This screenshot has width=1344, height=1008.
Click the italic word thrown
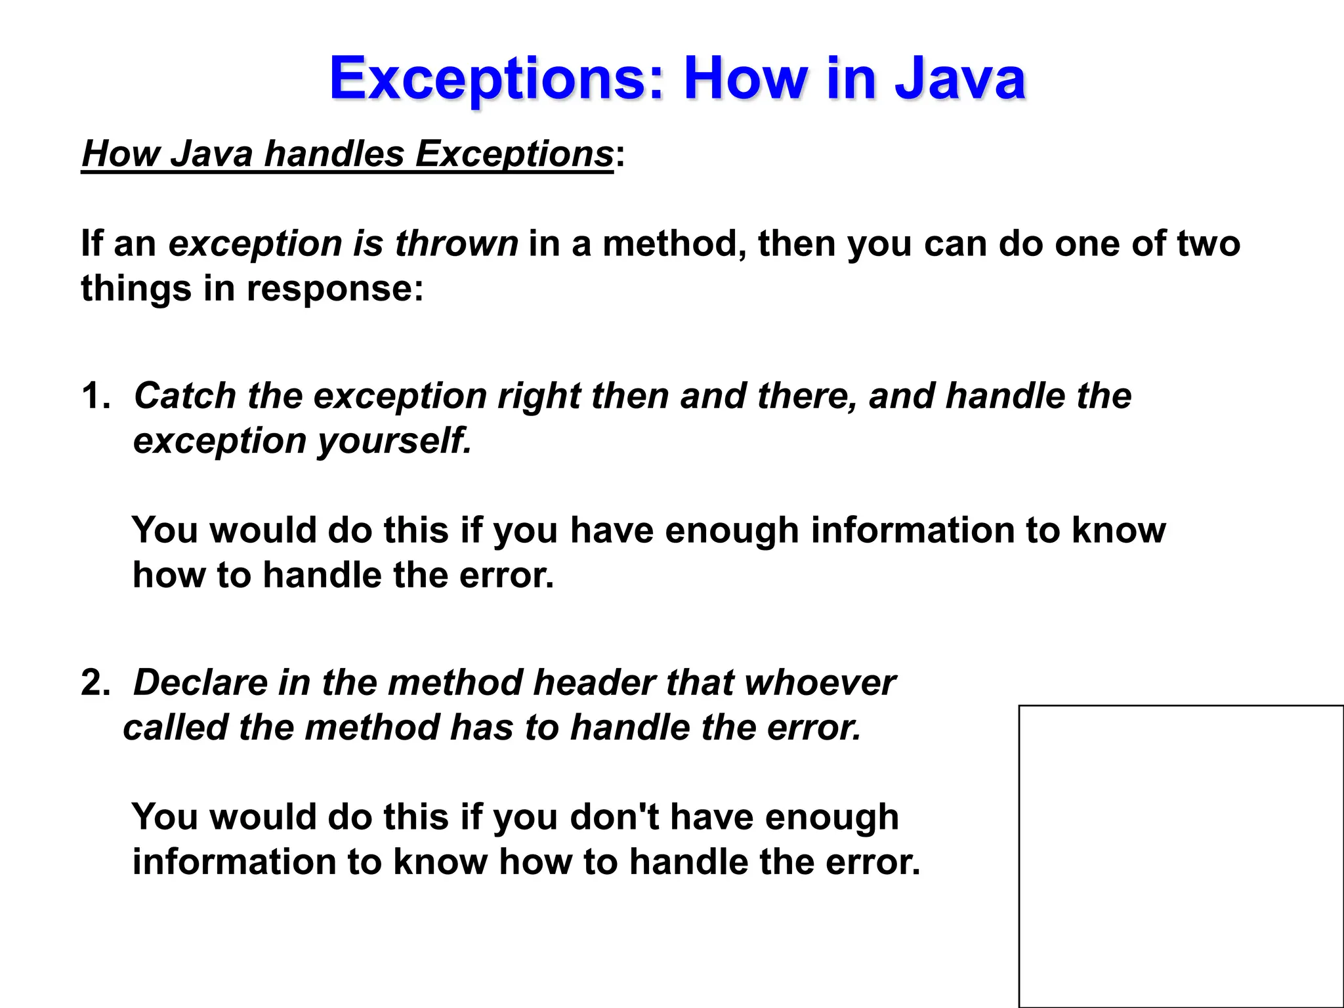pos(457,243)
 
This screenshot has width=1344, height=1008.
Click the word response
pos(335,288)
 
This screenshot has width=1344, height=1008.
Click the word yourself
pos(394,440)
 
